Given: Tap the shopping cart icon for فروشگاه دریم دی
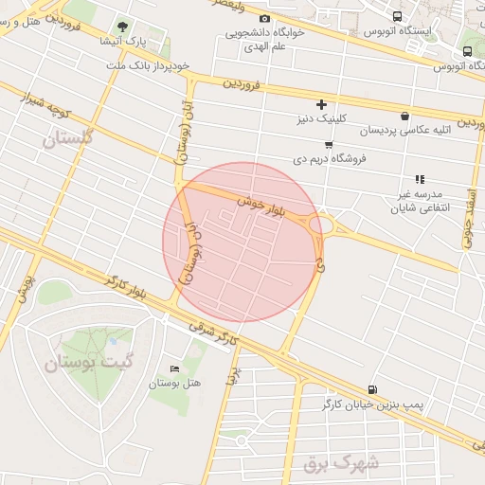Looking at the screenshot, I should [x=328, y=145].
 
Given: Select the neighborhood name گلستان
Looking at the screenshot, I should [x=70, y=139].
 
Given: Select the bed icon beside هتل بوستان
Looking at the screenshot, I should [x=172, y=368].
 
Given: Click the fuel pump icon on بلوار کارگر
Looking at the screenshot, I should [x=370, y=388].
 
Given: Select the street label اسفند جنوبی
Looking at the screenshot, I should [x=469, y=218].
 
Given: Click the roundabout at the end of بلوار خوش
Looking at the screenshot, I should [x=321, y=225].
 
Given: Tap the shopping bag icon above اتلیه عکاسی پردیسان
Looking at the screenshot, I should [x=405, y=116].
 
